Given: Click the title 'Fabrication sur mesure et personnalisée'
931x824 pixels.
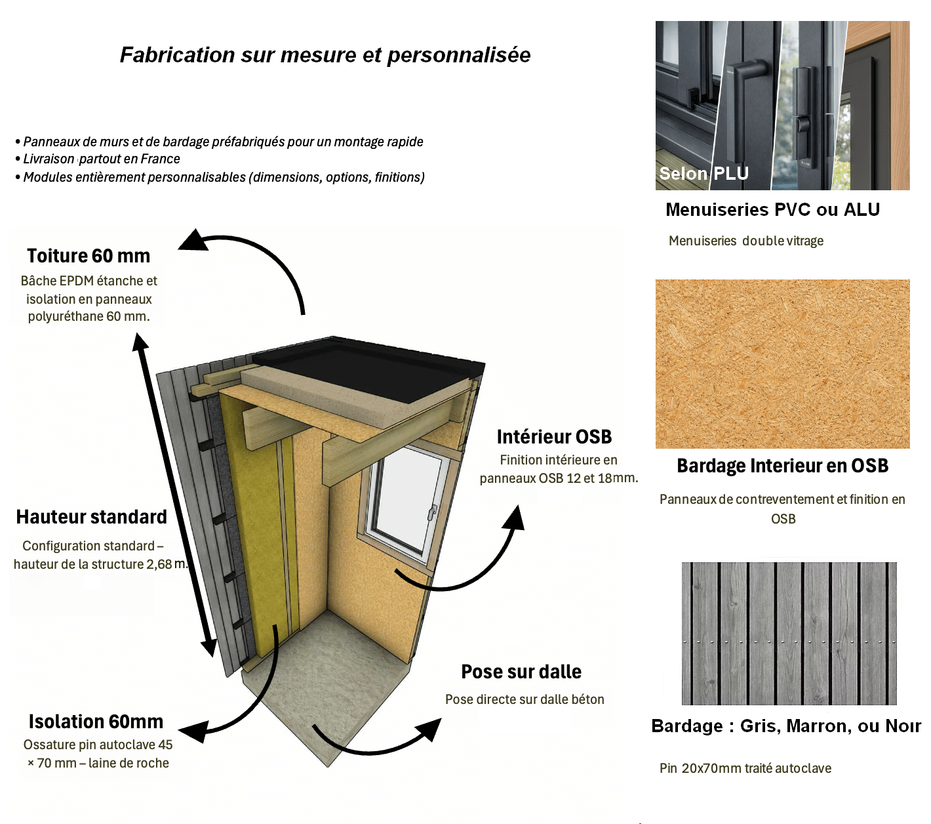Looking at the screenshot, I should (325, 55).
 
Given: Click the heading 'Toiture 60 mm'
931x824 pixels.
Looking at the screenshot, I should (89, 256).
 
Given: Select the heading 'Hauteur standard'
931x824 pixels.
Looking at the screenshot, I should (92, 517).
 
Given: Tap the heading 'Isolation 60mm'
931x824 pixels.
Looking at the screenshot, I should (96, 722).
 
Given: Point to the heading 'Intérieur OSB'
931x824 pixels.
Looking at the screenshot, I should (554, 437).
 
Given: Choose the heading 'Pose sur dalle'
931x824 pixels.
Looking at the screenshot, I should (521, 672).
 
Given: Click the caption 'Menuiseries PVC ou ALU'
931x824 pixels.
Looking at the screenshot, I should (772, 210).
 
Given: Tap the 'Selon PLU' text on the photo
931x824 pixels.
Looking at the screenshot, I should (703, 173).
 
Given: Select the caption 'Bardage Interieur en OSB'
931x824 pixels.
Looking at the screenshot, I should (782, 466).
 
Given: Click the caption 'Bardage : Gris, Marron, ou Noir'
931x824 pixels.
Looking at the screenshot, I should (785, 726).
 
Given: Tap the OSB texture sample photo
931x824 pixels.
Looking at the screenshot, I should (782, 363).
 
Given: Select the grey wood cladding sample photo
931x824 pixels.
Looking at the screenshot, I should (789, 633).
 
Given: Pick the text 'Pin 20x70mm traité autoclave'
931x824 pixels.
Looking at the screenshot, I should (745, 768).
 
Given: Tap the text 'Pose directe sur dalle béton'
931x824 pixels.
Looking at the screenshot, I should (525, 699).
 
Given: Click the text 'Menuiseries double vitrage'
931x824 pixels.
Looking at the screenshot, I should (745, 241).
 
